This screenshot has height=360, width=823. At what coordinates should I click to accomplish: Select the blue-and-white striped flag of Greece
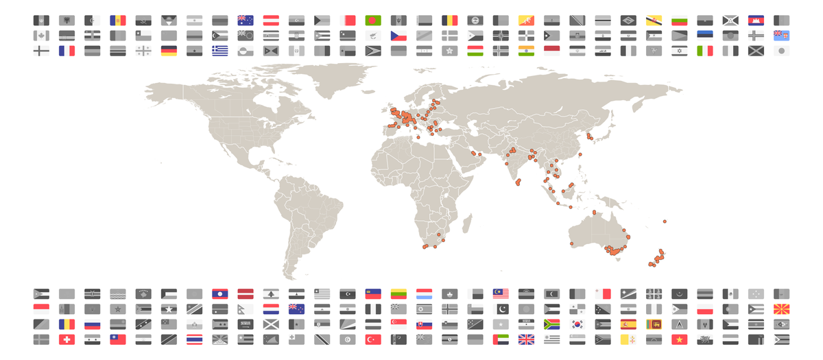point(219,50)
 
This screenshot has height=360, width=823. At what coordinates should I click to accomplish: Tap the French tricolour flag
point(67,50)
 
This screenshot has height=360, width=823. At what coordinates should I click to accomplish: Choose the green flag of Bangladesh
point(374,20)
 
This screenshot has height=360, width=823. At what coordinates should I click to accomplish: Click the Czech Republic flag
point(399,35)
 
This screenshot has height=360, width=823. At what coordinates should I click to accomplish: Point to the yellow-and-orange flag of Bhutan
point(526,20)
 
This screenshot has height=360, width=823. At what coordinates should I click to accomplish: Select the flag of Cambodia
point(755,20)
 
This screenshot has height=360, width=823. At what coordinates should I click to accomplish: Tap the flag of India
point(526,50)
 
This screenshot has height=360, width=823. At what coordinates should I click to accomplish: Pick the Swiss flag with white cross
point(67,339)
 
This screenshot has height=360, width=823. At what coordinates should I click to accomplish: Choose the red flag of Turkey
point(374,339)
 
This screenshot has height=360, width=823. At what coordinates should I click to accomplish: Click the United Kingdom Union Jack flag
point(526,339)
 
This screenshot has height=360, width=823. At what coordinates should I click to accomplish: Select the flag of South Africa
point(551,324)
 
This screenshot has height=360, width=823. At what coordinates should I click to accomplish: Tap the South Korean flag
point(577,324)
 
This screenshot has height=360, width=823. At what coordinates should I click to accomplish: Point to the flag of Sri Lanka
point(654,324)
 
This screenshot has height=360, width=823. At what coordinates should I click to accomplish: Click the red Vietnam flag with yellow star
point(679,339)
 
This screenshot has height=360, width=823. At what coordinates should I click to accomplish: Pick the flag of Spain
point(628,324)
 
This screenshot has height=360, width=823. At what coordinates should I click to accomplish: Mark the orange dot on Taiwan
point(580,155)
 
